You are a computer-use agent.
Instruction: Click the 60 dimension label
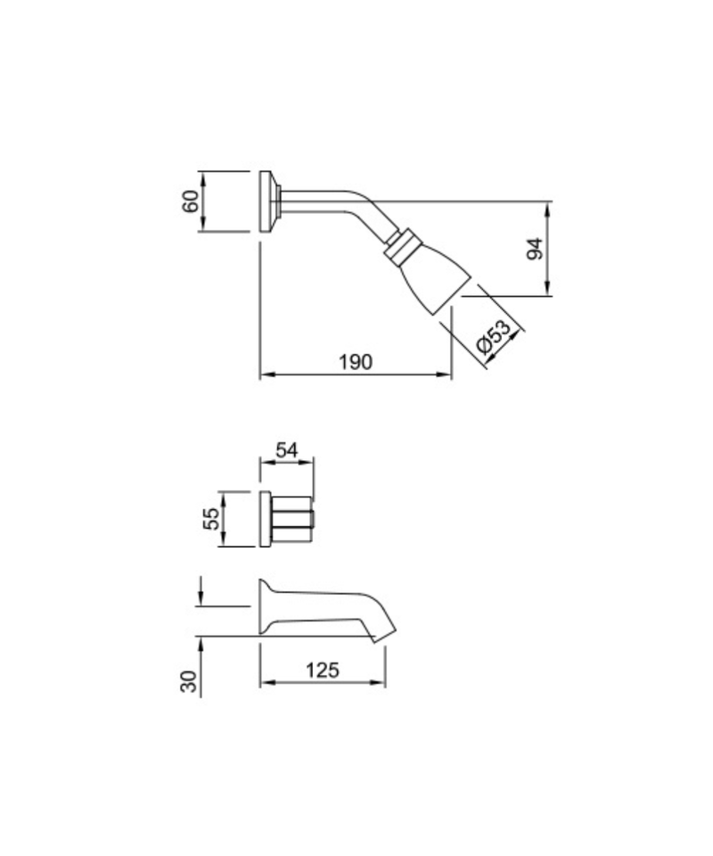coord(191,202)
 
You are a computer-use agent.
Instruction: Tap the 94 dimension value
coord(535,249)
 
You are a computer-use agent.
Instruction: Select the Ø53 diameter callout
coord(494,336)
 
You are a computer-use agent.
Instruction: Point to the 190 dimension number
coord(356,362)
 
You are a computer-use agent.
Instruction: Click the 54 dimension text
coord(287,450)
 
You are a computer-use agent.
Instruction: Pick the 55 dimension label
coord(211,519)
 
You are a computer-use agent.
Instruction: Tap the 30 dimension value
coord(188,681)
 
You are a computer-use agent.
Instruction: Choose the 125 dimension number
coord(323,670)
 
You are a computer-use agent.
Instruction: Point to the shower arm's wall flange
coord(266,202)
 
